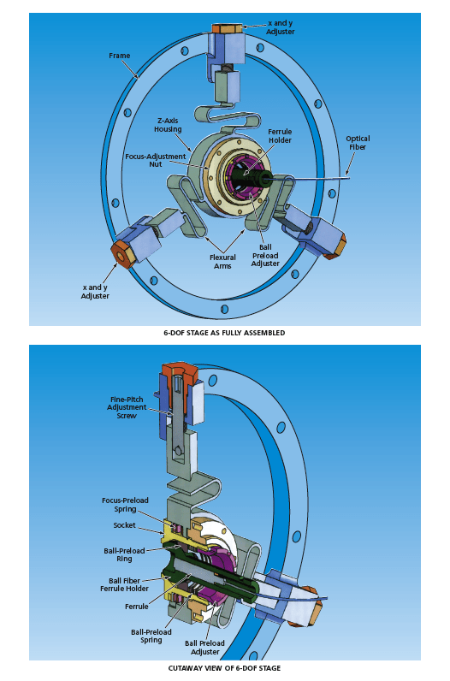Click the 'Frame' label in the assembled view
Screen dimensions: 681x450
click(x=120, y=56)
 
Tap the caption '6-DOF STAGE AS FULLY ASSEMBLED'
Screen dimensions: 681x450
click(x=224, y=332)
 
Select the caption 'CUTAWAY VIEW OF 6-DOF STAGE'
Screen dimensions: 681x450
click(x=224, y=667)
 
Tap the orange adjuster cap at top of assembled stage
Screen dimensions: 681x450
click(x=228, y=27)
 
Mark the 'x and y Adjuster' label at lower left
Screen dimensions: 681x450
click(x=96, y=291)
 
